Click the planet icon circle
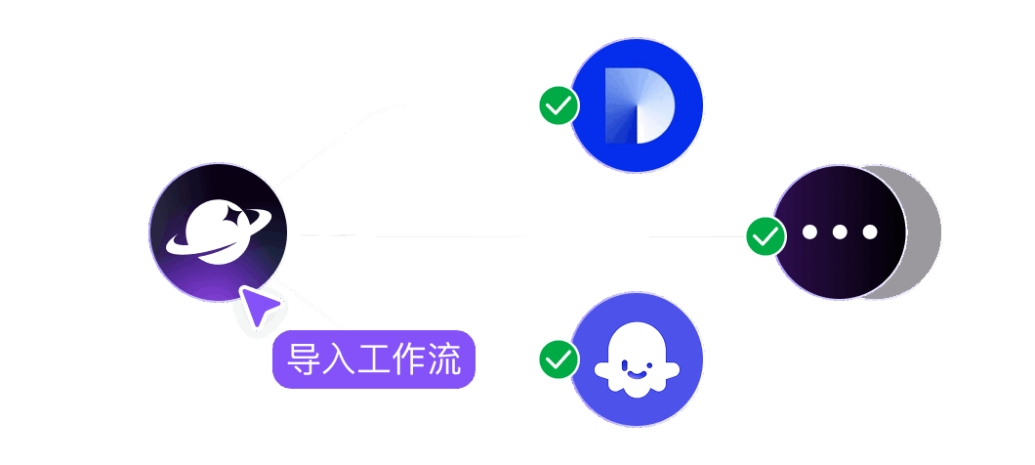(219, 232)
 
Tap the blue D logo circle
(637, 106)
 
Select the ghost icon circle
(637, 359)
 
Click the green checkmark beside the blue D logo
(559, 106)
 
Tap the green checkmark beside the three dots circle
(766, 235)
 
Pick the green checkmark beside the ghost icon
(559, 359)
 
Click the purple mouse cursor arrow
(259, 307)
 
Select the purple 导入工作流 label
(374, 360)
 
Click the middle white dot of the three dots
(840, 232)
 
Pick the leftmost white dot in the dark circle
(809, 232)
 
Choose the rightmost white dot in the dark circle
(870, 232)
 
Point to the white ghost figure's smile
(637, 372)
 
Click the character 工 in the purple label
(374, 360)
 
